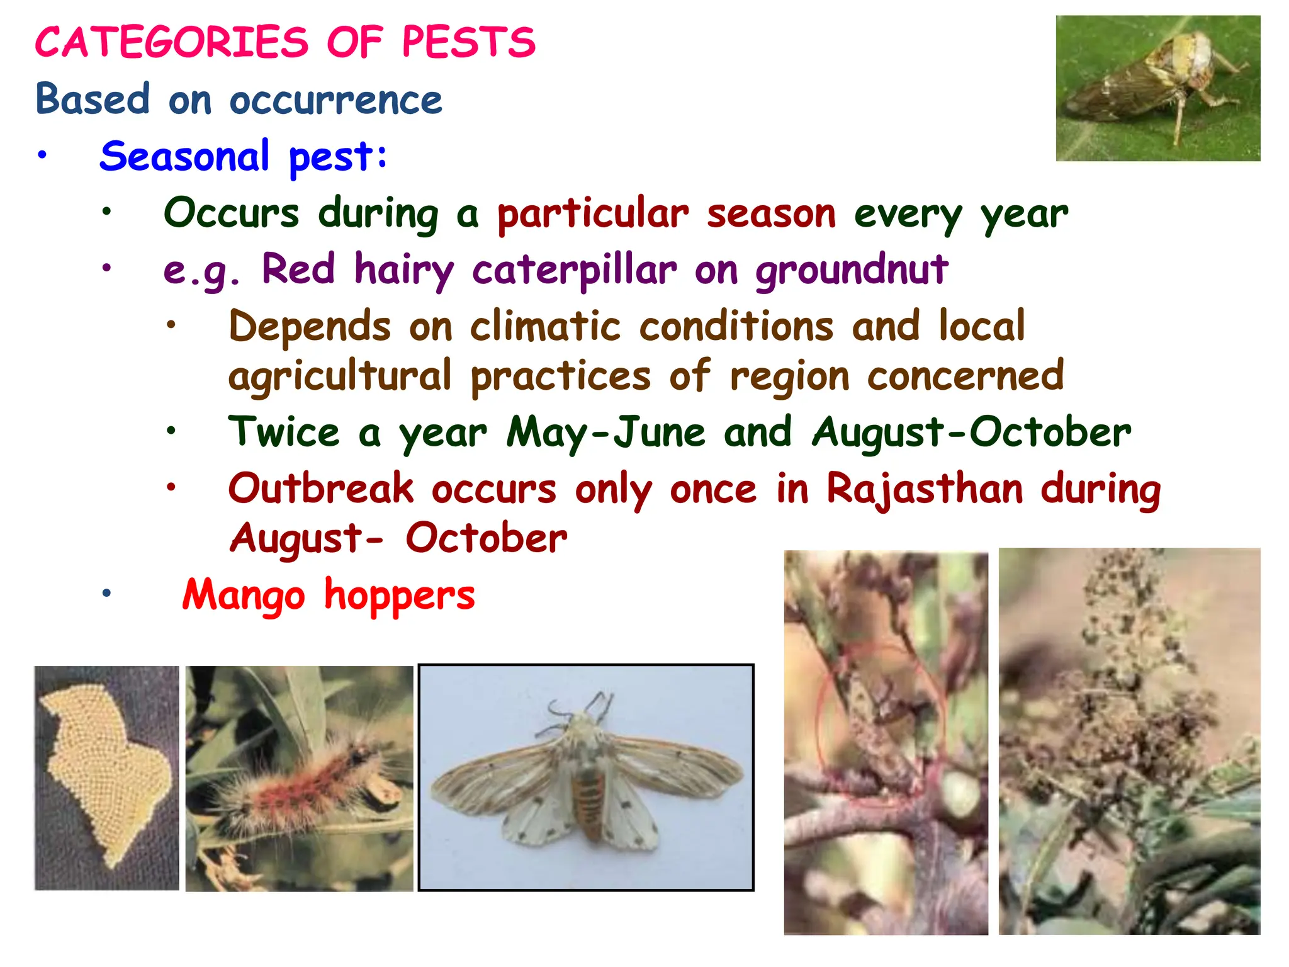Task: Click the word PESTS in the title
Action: point(468,43)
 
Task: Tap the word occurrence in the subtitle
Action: point(335,100)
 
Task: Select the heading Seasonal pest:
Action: point(244,156)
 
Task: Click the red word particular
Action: point(593,214)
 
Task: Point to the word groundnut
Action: point(851,271)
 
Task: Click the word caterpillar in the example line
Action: point(574,271)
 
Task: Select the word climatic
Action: point(545,327)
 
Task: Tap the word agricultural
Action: point(340,376)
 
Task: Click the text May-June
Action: point(605,433)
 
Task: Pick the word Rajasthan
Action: point(925,489)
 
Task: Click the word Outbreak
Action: point(321,489)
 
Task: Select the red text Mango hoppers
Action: point(329,595)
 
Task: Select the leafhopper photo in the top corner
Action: point(1157,88)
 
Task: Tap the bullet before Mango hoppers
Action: point(107,593)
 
